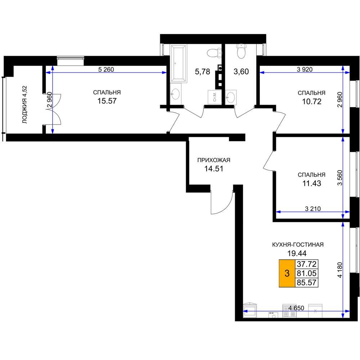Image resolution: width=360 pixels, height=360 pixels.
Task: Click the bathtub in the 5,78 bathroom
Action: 179,64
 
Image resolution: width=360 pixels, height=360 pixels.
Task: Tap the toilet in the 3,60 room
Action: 241,51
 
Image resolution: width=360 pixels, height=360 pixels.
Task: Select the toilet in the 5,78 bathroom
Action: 214,53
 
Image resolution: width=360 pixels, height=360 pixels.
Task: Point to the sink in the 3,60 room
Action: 231,97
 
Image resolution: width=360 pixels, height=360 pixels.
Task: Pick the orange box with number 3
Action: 287,274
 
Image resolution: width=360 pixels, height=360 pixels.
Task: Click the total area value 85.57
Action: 306,282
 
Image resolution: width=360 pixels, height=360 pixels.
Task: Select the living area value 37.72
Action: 306,264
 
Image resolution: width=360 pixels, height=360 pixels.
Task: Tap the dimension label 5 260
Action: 106,69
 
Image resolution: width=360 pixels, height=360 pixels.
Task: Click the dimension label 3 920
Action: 305,69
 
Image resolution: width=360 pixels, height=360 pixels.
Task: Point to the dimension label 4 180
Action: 340,270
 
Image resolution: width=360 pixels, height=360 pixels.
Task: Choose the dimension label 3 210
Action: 313,209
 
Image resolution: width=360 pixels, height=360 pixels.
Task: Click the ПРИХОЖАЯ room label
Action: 214,160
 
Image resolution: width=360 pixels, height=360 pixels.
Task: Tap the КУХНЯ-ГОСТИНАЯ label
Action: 298,245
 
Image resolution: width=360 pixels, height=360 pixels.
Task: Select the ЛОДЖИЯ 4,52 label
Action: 24,105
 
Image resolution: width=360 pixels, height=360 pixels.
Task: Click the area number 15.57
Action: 107,101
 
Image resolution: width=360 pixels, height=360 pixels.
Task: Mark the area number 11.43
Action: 311,184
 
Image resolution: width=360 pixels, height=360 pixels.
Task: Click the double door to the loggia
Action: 53,109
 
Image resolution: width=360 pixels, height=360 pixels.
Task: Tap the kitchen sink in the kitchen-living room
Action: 250,310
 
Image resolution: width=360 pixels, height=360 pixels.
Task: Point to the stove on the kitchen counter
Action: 289,311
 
